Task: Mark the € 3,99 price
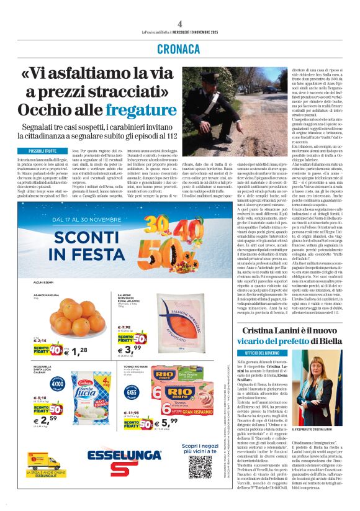126,350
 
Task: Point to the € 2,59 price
45,420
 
